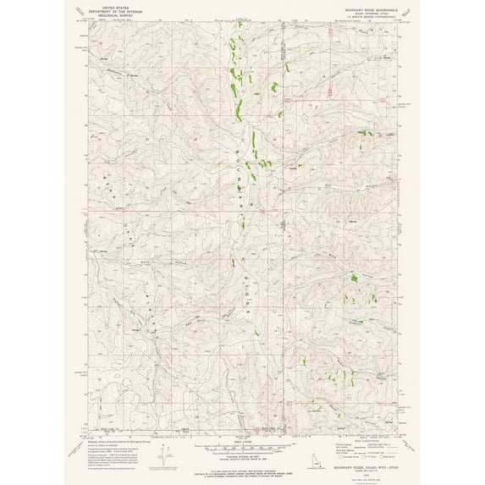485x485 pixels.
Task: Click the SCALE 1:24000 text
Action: click(x=242, y=441)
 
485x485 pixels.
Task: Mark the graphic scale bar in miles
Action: click(x=242, y=446)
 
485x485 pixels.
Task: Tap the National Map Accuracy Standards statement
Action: click(x=242, y=468)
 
